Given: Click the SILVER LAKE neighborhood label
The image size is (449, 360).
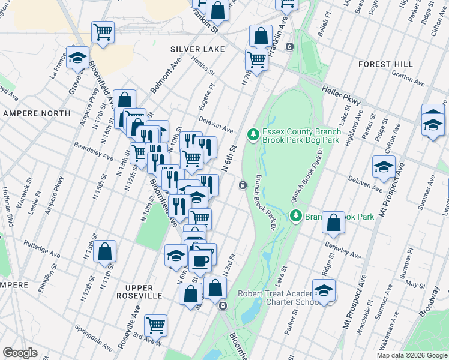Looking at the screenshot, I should click(x=197, y=49).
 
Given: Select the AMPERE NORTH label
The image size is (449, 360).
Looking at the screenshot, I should click(x=29, y=113).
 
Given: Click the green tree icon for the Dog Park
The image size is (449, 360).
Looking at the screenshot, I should click(x=253, y=133).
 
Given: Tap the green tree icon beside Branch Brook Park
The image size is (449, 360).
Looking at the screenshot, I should click(x=295, y=215).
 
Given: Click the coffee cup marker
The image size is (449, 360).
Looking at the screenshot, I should click(x=200, y=260).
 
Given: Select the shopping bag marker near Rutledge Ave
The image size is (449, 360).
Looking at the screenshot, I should click(x=104, y=252).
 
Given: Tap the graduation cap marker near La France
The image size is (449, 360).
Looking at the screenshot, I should click(x=77, y=58).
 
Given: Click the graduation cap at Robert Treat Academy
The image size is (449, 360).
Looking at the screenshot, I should click(x=323, y=291).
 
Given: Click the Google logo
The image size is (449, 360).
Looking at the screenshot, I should click(x=20, y=353).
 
